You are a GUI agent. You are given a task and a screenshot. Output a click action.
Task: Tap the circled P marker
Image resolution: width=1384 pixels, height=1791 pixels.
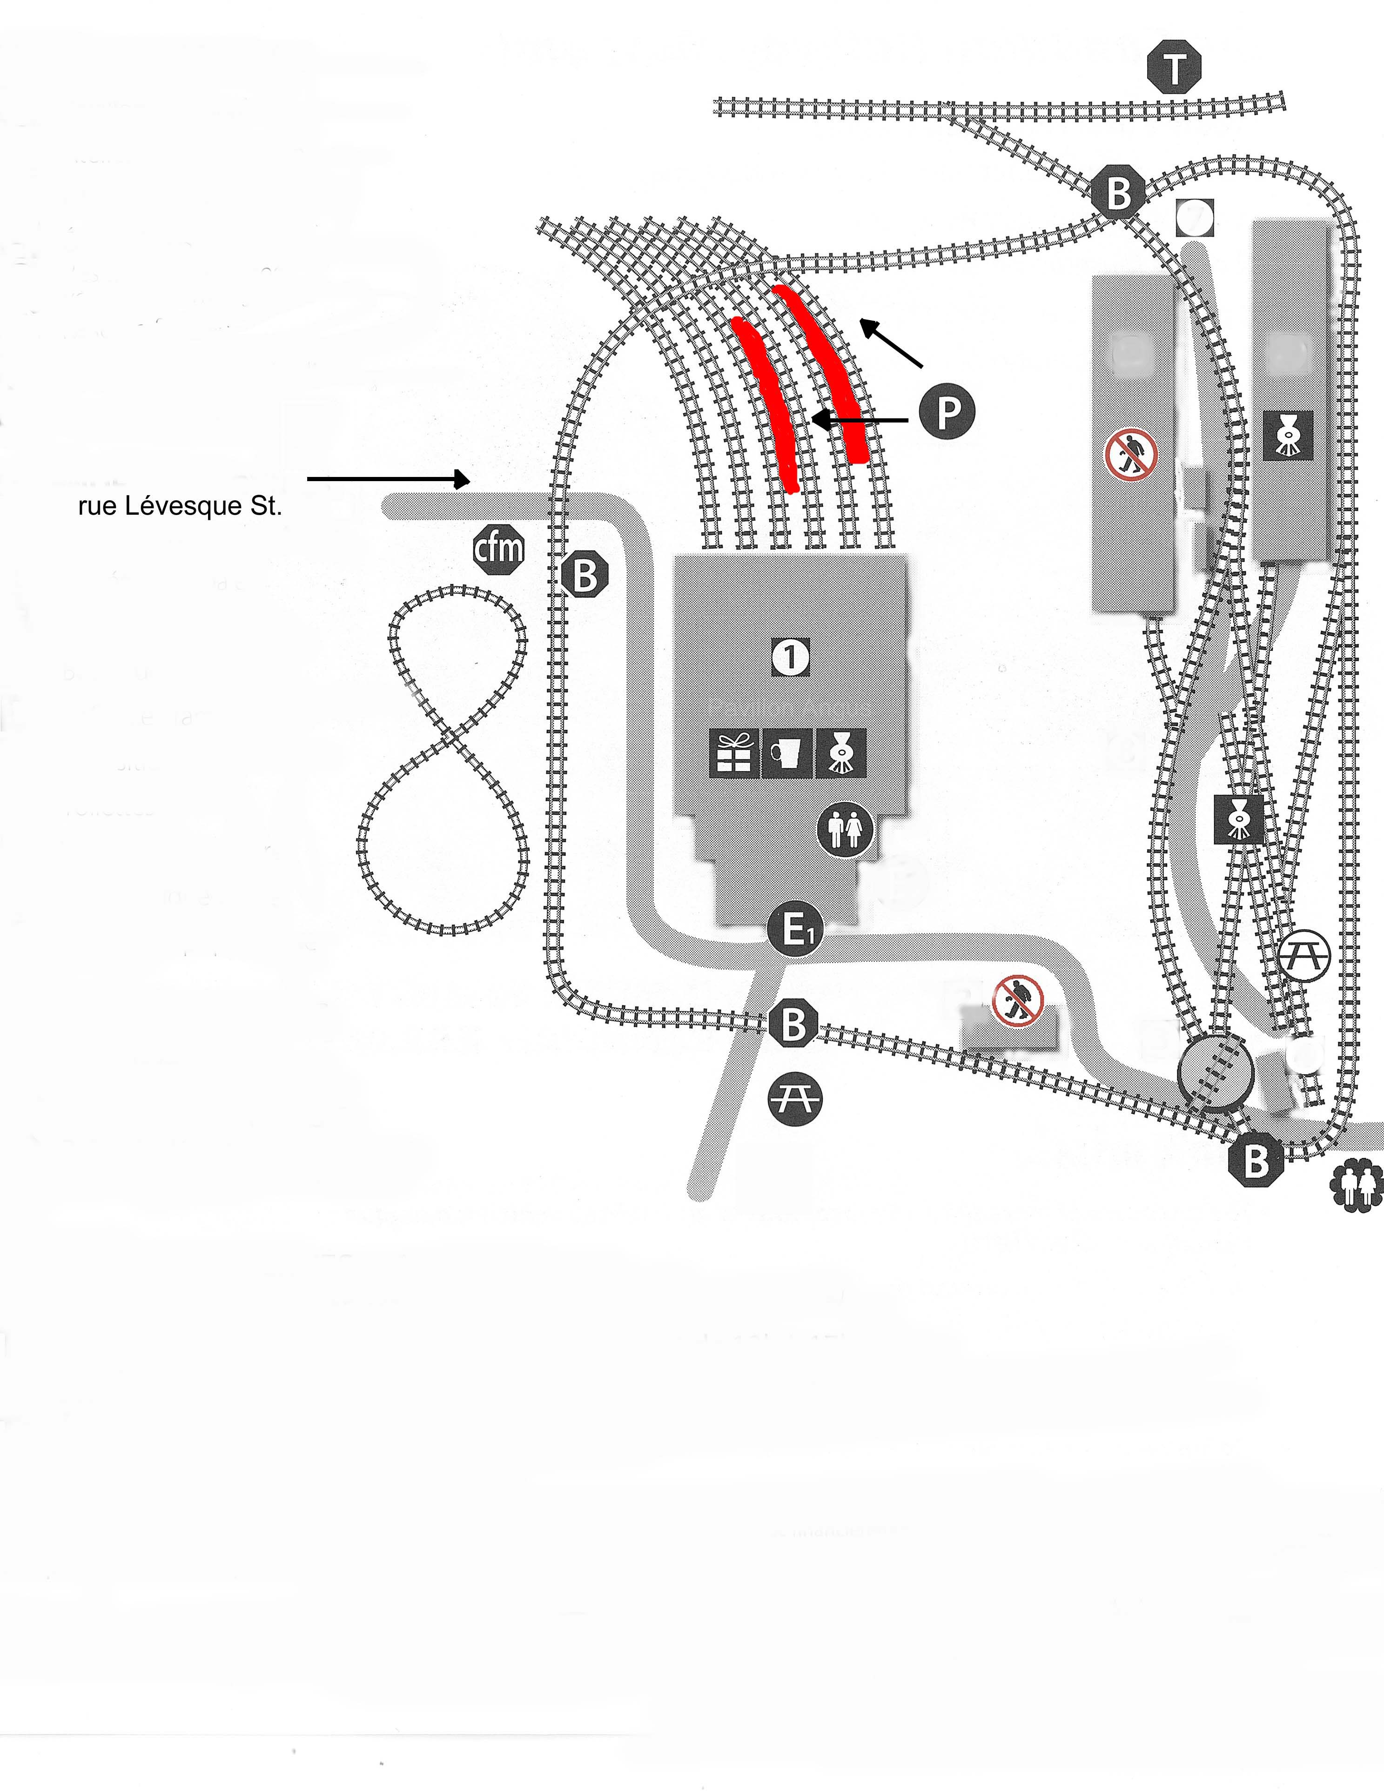tap(947, 412)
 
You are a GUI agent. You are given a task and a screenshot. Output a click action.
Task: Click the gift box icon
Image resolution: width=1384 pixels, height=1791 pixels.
tap(734, 753)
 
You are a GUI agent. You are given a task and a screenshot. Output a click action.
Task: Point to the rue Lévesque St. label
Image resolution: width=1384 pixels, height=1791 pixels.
tap(181, 507)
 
